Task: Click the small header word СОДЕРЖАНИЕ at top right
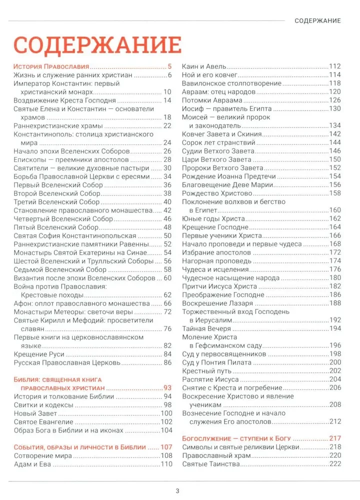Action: pyautogui.click(x=317, y=20)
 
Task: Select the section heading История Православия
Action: pyautogui.click(x=51, y=66)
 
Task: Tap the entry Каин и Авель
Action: pyautogui.click(x=205, y=66)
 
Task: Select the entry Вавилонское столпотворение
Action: pyautogui.click(x=231, y=83)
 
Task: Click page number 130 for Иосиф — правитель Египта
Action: pyautogui.click(x=334, y=108)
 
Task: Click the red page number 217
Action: pyautogui.click(x=334, y=438)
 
